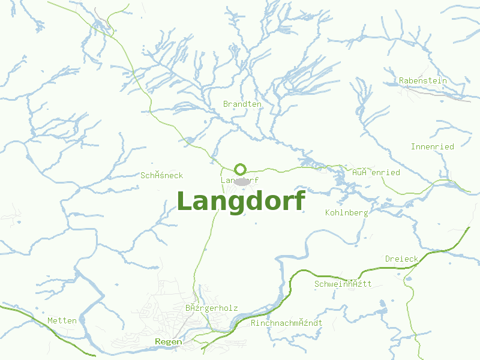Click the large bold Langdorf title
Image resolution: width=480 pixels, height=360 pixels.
(x=241, y=201)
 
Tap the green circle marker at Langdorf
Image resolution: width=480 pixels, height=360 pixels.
(x=240, y=169)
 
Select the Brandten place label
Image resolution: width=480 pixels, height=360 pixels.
(x=242, y=104)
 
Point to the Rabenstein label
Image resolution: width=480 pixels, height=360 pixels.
(x=423, y=80)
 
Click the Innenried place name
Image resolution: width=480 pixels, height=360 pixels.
(x=432, y=146)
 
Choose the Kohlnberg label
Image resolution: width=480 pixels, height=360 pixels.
(x=346, y=212)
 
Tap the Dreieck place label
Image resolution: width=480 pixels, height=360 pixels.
(x=401, y=259)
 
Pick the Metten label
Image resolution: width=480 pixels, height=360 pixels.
(x=62, y=320)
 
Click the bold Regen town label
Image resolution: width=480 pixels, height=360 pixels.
(x=168, y=341)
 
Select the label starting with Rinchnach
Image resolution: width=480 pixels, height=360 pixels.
(x=286, y=323)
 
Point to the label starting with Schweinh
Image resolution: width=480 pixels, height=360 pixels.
(x=343, y=284)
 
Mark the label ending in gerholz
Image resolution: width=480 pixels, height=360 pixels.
(x=211, y=308)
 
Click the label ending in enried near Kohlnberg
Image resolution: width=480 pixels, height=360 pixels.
(x=376, y=172)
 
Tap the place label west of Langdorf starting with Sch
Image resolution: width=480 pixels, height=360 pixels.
(x=161, y=175)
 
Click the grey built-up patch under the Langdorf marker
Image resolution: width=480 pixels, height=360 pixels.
(x=242, y=182)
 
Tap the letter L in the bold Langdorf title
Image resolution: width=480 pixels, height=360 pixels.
(x=185, y=201)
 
